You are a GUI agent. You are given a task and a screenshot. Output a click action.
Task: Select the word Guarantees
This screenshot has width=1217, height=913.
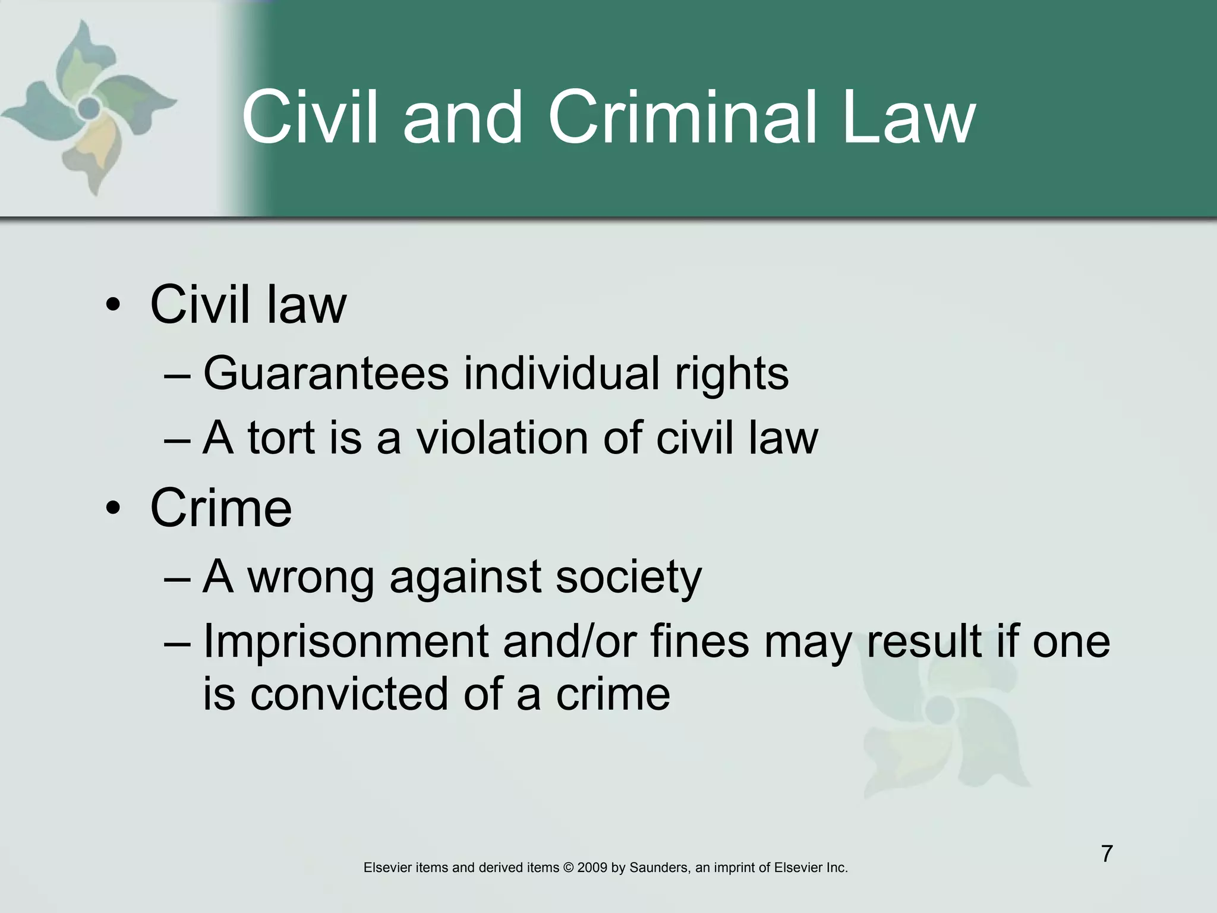tap(326, 373)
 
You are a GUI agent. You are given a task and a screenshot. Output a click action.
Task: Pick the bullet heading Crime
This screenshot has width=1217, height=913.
tap(221, 508)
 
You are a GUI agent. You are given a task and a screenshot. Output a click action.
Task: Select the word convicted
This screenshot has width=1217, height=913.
tap(349, 694)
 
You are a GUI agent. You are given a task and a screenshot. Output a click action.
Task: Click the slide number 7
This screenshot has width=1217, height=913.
tap(1106, 854)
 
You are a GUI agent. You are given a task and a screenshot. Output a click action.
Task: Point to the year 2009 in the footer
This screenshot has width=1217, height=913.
tap(592, 868)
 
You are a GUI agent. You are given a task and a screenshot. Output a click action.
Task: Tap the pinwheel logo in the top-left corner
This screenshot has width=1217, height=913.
tap(89, 107)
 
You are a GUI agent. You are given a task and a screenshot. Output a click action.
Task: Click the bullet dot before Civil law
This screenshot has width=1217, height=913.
tap(113, 306)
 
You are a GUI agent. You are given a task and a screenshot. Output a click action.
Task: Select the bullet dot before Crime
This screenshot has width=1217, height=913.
tap(113, 509)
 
